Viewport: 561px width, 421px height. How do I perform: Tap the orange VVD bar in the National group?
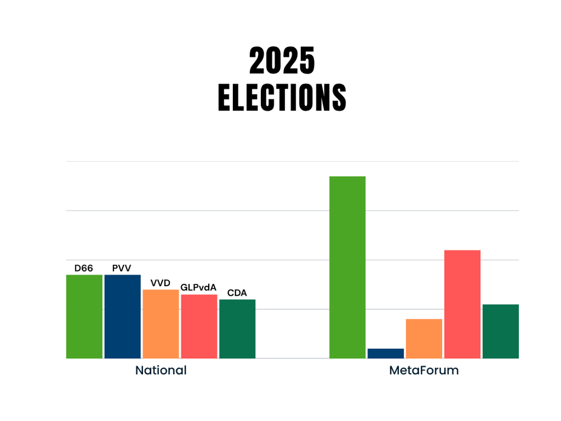tap(160, 324)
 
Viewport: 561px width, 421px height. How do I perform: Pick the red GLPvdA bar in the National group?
tap(199, 326)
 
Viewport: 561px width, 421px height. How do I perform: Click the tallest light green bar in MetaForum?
tap(347, 267)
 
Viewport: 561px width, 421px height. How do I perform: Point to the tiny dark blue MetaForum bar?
tap(385, 353)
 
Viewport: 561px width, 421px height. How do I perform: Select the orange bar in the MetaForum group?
tap(424, 338)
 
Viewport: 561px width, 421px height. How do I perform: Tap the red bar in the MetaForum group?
tap(462, 304)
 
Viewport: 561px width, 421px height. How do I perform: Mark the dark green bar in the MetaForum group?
tap(500, 331)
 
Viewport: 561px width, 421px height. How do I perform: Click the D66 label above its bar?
tap(84, 268)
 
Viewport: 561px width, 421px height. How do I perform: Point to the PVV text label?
tap(122, 268)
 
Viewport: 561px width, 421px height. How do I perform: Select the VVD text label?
tap(160, 282)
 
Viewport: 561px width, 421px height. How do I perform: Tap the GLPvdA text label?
tap(199, 287)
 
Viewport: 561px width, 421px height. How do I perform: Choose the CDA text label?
tap(237, 292)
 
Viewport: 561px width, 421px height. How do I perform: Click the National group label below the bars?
tap(161, 370)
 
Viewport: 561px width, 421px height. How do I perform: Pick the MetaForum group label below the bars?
tap(424, 370)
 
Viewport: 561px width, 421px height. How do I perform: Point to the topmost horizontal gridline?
tap(292, 162)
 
